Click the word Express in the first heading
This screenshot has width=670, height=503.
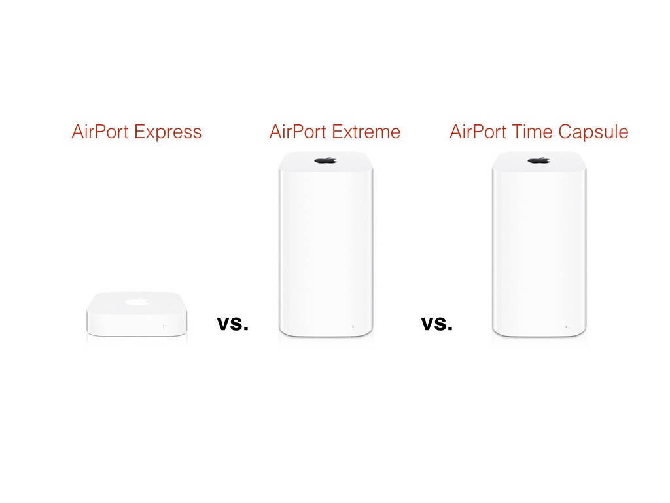168,132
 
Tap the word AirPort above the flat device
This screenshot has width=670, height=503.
100,131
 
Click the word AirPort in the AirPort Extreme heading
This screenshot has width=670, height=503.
298,131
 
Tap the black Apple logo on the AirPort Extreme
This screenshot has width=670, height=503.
326,161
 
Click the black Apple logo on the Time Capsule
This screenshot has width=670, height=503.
539,161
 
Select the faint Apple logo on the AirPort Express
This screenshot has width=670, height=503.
137,302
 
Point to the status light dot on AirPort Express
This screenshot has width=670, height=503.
164,326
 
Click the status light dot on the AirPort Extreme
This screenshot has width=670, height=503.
353,327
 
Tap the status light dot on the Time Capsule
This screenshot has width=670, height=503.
566,327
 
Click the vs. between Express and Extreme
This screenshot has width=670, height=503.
233,324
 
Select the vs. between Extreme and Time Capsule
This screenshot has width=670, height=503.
437,324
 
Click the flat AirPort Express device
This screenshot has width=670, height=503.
137,314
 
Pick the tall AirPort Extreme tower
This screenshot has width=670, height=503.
326,244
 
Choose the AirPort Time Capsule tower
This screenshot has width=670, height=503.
539,244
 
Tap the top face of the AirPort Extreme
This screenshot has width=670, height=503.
326,161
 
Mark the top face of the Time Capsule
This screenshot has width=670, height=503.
539,161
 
